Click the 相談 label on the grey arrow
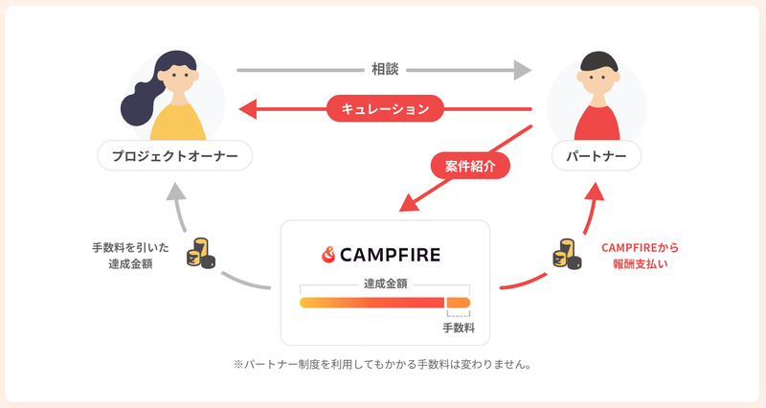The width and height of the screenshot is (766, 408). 385,69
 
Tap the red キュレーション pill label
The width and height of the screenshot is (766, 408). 385,108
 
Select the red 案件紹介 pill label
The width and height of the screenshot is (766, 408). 470,166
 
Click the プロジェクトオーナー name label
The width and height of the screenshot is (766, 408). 175,156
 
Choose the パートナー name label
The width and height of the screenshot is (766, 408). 596,156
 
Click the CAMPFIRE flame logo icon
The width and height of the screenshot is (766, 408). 328,255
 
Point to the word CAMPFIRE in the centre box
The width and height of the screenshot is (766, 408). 390,255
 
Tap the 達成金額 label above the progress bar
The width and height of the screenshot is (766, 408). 385,283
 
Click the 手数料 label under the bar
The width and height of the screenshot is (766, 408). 459,328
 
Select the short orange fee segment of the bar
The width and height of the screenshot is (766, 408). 459,303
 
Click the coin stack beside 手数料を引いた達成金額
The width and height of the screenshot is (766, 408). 201,253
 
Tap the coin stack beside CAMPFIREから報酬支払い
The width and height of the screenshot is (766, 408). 567,254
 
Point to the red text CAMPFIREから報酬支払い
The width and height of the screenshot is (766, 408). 640,256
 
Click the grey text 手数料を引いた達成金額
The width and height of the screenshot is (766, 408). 130,256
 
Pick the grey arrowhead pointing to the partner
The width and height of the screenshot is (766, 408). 523,70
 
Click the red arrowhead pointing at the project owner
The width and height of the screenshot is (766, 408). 248,109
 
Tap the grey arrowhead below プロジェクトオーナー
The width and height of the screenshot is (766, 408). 176,192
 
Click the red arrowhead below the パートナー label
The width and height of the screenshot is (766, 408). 595,192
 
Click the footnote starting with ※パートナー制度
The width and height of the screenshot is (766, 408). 382,365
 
